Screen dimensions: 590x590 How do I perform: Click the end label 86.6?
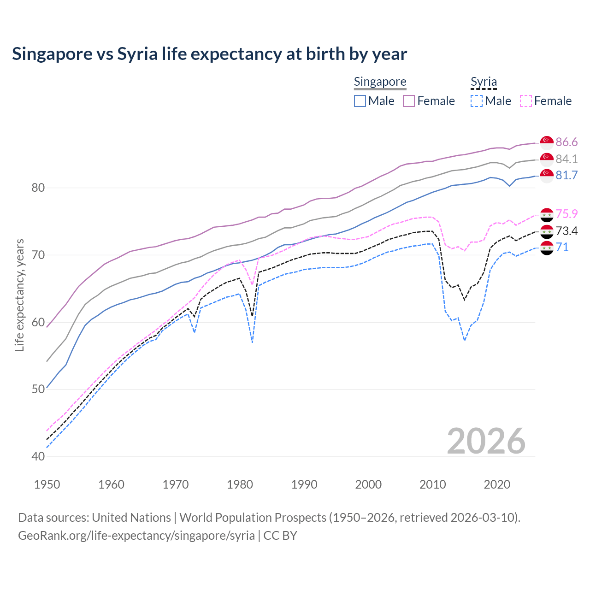(x=566, y=142)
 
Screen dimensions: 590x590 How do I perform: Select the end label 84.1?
(x=566, y=159)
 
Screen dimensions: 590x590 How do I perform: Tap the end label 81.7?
(x=566, y=175)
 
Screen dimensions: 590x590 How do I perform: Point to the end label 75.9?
(x=566, y=214)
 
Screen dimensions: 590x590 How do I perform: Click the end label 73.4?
(x=566, y=231)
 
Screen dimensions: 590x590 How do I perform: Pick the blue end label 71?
(x=562, y=247)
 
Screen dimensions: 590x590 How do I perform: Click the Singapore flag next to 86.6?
(x=547, y=142)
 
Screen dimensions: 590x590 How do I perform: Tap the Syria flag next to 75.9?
(x=547, y=214)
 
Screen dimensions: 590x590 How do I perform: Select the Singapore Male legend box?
(x=360, y=101)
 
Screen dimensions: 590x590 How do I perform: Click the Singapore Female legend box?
(x=409, y=101)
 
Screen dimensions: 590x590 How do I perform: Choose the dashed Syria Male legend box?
(x=477, y=101)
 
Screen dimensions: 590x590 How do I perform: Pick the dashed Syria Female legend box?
(x=525, y=101)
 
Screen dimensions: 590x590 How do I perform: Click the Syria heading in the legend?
(x=484, y=82)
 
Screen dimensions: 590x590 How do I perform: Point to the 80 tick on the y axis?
(x=38, y=188)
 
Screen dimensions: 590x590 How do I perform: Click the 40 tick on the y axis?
(x=38, y=456)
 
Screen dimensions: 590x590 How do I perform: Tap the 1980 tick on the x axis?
(x=240, y=484)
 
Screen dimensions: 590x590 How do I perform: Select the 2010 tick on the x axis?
(x=432, y=484)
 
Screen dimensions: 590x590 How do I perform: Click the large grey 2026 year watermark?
(x=486, y=441)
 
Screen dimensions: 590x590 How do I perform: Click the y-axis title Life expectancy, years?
(x=20, y=295)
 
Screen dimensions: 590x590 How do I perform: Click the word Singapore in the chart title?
(x=52, y=54)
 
